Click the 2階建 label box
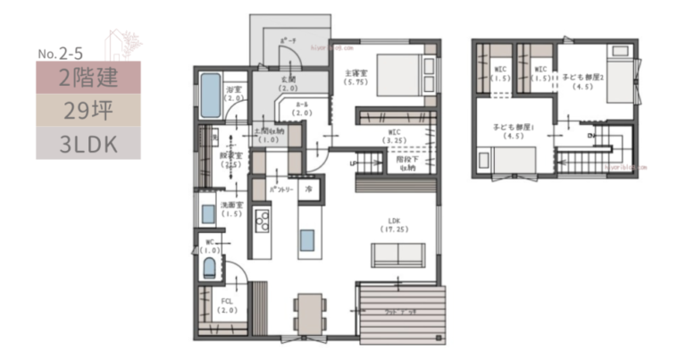(88, 77)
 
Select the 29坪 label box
(88, 110)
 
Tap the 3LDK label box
(88, 142)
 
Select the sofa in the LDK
(397, 255)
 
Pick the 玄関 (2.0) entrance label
(288, 84)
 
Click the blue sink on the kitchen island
(306, 240)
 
